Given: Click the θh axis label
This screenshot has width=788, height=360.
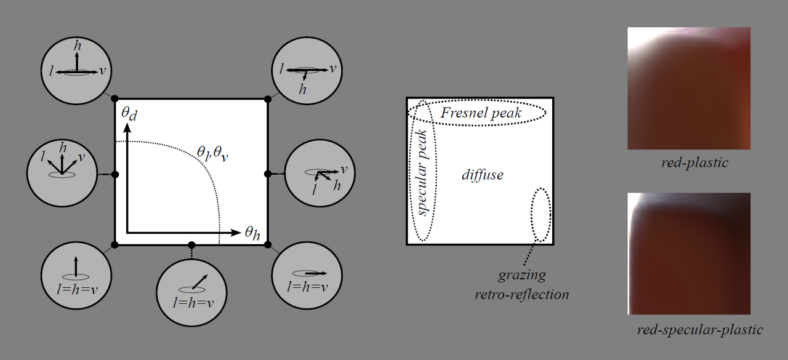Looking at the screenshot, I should pos(252,233).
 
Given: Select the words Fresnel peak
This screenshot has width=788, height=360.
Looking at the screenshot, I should pos(481,113).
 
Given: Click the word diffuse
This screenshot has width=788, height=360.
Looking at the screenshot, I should pos(483,175).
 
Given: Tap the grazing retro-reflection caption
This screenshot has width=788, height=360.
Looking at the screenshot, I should pos(521,284).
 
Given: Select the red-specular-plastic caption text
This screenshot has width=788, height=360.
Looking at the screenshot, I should pos(700,330).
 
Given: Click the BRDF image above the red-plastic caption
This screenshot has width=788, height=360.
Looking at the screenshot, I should pos(689,88).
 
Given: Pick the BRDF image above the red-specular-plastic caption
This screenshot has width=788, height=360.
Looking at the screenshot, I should pos(689,254).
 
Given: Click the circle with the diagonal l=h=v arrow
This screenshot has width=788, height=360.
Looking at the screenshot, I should pos(191,287).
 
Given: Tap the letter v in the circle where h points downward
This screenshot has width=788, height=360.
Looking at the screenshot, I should pos(332,68).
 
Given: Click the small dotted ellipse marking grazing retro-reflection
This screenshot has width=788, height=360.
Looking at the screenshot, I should pos(541,214).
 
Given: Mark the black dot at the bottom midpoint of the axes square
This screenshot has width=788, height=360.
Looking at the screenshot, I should pos(191,245).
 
